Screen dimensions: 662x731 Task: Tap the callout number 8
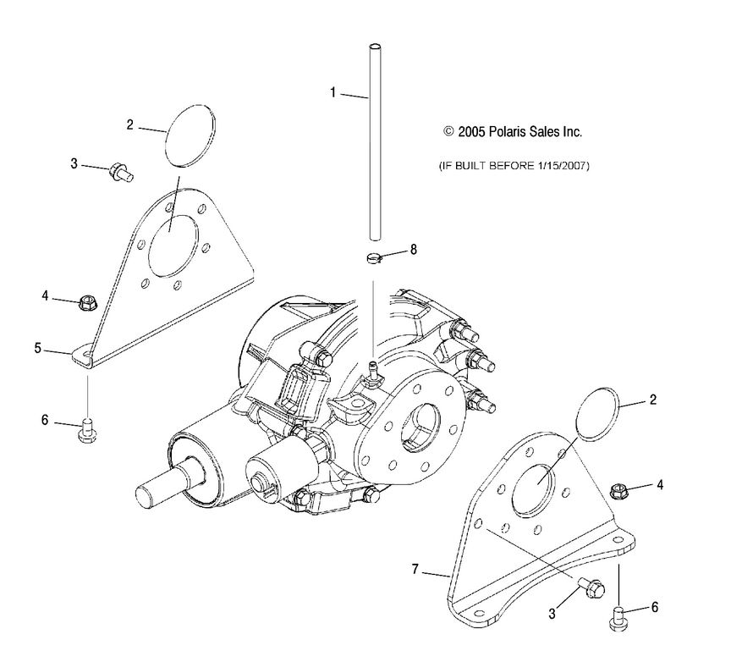pyautogui.click(x=414, y=250)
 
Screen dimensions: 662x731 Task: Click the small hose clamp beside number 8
pyautogui.click(x=373, y=257)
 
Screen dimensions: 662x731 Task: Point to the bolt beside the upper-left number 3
pyautogui.click(x=123, y=173)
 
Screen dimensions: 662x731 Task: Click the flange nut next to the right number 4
pyautogui.click(x=619, y=488)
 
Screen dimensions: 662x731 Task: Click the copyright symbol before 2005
pyautogui.click(x=448, y=132)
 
